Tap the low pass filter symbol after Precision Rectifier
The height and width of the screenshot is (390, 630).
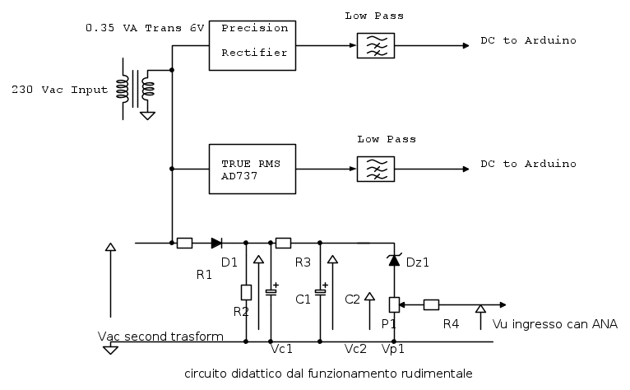pyautogui.click(x=374, y=45)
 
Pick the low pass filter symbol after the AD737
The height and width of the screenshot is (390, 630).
pyautogui.click(x=374, y=169)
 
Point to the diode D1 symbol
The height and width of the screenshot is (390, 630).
pyautogui.click(x=216, y=243)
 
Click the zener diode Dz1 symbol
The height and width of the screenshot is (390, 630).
pyautogui.click(x=394, y=260)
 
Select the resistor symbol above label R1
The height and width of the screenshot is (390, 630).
pyautogui.click(x=185, y=243)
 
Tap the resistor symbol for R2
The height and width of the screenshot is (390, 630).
pyautogui.click(x=246, y=291)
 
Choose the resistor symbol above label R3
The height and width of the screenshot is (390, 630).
pyautogui.click(x=283, y=243)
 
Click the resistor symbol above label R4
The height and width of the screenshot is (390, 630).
pyautogui.click(x=431, y=305)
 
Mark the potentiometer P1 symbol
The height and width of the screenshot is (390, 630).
pyautogui.click(x=394, y=305)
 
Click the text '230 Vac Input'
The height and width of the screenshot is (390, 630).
pyautogui.click(x=59, y=89)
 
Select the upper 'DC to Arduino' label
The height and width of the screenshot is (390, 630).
pyautogui.click(x=528, y=40)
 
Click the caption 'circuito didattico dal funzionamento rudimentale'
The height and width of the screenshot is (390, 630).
pyautogui.click(x=329, y=373)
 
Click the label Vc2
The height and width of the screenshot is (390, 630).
pyautogui.click(x=356, y=349)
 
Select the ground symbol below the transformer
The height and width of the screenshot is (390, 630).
pyautogui.click(x=148, y=114)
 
